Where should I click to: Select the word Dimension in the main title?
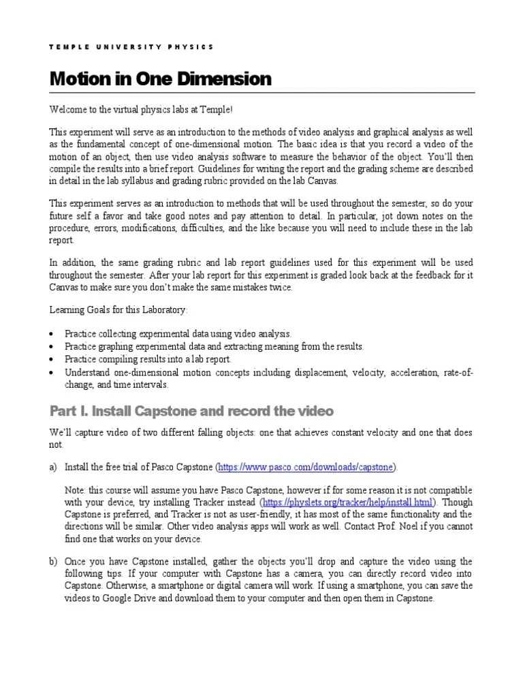tap(226, 80)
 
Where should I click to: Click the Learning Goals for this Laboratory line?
tap(116, 310)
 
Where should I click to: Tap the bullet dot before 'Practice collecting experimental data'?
tap(54, 334)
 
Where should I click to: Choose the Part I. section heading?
tap(191, 411)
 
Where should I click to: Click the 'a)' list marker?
tap(54, 468)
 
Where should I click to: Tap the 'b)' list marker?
tap(54, 562)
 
